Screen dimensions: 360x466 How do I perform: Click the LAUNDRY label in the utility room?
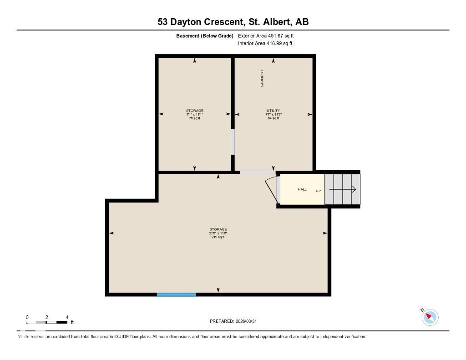coord(262,78)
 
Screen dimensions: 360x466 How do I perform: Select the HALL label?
coord(302,189)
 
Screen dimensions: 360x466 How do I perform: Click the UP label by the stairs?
coord(318,191)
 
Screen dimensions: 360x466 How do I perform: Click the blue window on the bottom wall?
coord(177,294)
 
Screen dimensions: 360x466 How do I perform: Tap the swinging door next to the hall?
coord(272,189)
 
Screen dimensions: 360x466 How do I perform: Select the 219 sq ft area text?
coord(218,237)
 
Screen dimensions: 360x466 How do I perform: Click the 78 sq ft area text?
coord(194,118)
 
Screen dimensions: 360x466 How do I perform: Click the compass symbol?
coord(430,317)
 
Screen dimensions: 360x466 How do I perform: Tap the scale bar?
coord(47,323)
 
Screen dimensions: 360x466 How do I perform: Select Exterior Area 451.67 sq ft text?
coord(269,35)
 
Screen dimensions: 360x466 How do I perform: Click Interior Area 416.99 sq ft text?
coord(265,44)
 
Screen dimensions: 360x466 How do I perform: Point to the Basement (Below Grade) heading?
coord(205,35)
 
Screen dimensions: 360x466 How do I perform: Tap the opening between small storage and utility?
coord(233,142)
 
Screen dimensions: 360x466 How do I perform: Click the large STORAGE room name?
coord(218,229)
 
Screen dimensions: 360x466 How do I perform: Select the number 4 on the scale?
coord(67,317)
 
